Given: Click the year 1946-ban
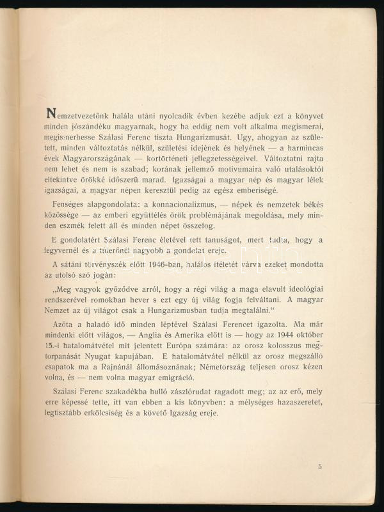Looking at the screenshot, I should pos(167,269).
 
